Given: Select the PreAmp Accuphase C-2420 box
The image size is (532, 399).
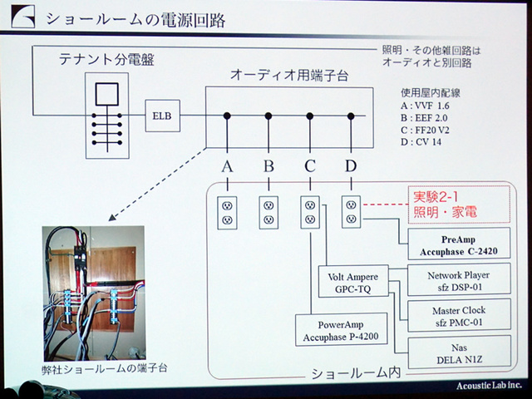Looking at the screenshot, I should (x=454, y=245).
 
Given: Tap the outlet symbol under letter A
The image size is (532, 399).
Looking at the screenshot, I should (x=227, y=212).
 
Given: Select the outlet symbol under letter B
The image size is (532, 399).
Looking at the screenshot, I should (x=268, y=212).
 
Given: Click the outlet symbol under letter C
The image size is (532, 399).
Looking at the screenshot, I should (x=310, y=212).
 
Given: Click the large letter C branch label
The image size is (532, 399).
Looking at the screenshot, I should (x=310, y=166).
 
